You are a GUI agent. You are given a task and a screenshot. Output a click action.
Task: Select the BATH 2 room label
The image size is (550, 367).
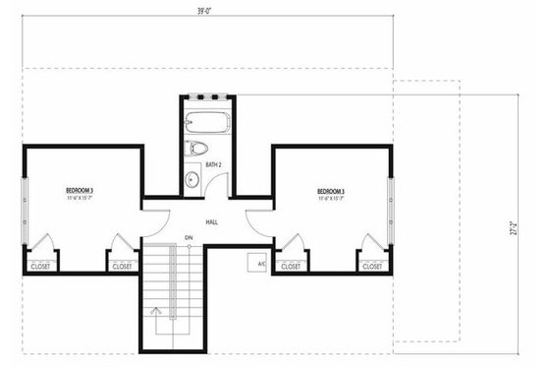coord(211,164)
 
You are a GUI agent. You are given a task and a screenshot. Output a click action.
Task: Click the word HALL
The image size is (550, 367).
coord(211,223)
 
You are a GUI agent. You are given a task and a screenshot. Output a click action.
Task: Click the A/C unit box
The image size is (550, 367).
coord(261,264)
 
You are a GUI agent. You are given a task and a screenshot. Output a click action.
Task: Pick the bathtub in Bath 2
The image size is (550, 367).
coord(206,125)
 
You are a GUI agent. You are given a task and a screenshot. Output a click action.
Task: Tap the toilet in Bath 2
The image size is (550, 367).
coord(196,149)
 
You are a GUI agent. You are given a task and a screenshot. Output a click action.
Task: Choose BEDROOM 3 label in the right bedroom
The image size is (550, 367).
coord(332,190)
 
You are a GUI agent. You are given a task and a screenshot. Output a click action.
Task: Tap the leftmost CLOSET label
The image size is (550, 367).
coord(41,266)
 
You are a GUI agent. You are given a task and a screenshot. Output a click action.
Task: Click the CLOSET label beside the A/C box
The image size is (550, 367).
coord(292,266)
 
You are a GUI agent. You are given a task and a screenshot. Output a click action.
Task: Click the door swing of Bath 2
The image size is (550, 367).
coord(222,186)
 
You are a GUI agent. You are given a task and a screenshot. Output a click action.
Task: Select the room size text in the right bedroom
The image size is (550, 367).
coord(332,199)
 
